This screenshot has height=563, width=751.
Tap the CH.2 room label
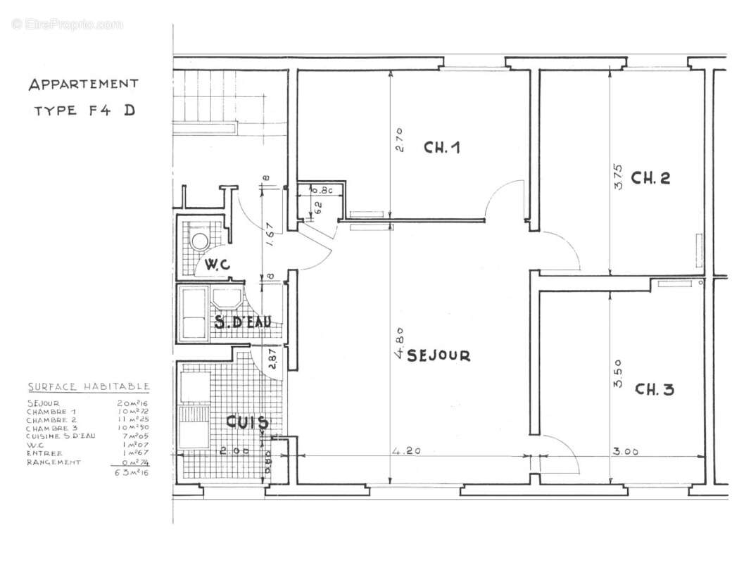(650, 177)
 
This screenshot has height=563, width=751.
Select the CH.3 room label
(654, 389)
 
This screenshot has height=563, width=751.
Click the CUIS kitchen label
(246, 423)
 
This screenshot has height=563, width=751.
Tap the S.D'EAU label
(242, 323)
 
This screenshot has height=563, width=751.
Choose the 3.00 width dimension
(625, 452)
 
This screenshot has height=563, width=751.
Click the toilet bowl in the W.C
(200, 241)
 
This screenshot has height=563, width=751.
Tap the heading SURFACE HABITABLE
(88, 386)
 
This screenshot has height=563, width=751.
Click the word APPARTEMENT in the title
(83, 84)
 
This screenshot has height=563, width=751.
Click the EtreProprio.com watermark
(67, 25)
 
